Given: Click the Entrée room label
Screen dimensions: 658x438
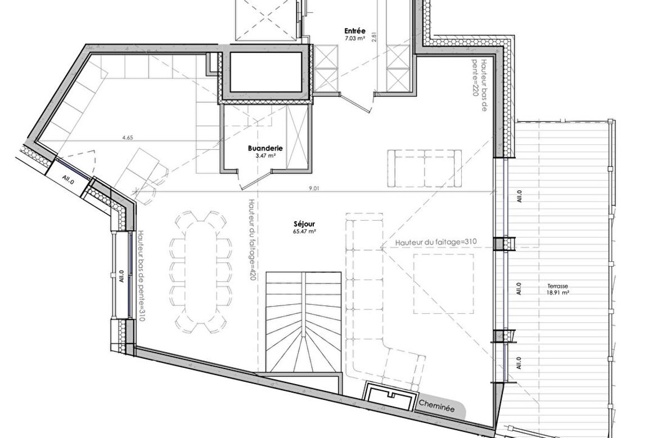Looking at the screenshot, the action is point(355,31).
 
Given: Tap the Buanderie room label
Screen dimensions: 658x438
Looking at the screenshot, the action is point(265,148).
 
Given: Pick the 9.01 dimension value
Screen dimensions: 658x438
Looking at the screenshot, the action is point(314,188).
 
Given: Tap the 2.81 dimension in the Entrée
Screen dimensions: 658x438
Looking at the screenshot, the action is point(375,38).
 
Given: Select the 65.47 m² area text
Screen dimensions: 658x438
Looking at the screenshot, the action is point(305,231).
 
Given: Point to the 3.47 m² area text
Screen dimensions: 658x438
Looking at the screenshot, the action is point(265,156).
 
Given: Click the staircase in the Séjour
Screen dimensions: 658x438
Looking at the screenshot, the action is point(303,322).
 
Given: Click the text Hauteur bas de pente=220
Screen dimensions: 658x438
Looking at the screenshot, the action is point(480,78).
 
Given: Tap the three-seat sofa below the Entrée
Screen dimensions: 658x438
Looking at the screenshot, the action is point(424,168).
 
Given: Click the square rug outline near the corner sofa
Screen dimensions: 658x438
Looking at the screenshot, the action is point(444,284).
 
